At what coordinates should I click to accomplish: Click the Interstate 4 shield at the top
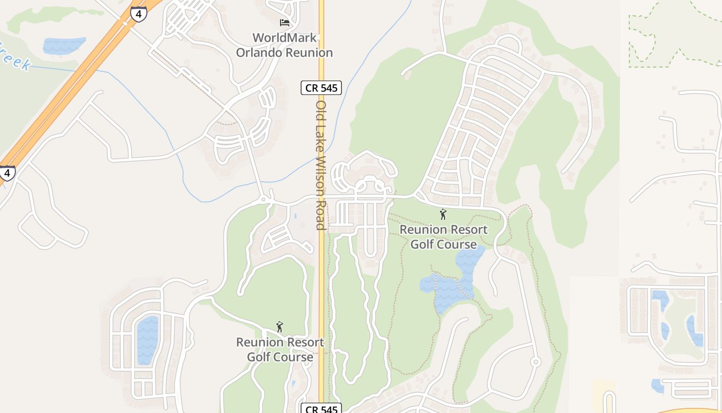click(x=138, y=13)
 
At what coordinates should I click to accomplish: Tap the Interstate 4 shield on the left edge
click(x=6, y=173)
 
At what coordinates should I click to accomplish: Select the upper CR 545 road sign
click(x=321, y=88)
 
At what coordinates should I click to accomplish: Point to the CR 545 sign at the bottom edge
click(x=321, y=409)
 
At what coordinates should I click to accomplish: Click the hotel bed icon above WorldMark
click(x=284, y=22)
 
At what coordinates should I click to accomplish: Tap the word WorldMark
click(x=284, y=38)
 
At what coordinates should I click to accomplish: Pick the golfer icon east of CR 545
click(x=442, y=214)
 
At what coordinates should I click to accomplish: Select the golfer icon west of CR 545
click(x=280, y=327)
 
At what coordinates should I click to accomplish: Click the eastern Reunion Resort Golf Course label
click(x=444, y=236)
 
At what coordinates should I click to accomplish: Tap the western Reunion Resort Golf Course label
click(x=280, y=350)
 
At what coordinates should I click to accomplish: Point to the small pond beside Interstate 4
click(x=63, y=45)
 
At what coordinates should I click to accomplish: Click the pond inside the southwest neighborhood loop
click(x=147, y=339)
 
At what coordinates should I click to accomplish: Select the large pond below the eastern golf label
click(x=454, y=281)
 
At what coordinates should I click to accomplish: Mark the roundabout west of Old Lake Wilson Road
click(x=264, y=199)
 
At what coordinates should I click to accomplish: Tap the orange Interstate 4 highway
click(x=77, y=77)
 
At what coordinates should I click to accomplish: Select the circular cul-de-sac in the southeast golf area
click(x=535, y=362)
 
